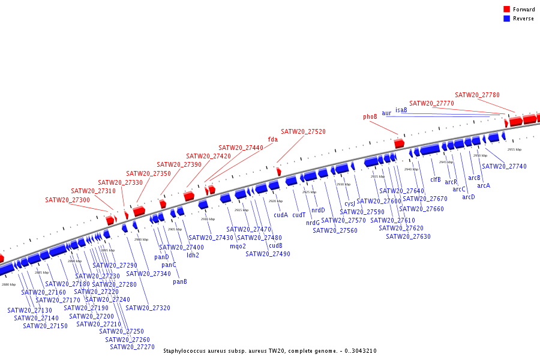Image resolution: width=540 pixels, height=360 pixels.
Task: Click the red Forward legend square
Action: [x=506, y=10]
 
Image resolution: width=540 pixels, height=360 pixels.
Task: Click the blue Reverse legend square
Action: [x=506, y=19]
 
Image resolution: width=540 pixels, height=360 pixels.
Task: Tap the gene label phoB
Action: [x=370, y=116]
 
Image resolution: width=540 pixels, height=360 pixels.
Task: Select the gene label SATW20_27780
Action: [x=477, y=95]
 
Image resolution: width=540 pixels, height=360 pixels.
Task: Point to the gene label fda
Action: [x=273, y=139]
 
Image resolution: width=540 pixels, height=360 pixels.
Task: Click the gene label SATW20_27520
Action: [x=303, y=131]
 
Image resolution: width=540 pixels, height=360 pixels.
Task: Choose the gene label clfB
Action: [x=436, y=179]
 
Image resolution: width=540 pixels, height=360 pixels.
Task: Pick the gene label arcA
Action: [x=484, y=185]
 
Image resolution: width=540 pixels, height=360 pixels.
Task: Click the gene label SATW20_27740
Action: [x=504, y=166]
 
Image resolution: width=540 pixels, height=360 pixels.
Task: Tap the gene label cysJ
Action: [x=350, y=203]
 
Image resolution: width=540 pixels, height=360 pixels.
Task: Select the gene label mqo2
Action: [x=238, y=246]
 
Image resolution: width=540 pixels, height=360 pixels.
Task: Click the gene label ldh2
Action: [x=193, y=255]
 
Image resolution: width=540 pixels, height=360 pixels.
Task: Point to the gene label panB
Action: [x=180, y=281]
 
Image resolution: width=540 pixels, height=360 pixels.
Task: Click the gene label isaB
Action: [x=401, y=110]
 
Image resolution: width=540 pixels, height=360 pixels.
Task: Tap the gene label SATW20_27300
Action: [x=67, y=200]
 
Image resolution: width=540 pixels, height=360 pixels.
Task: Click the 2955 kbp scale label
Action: [x=514, y=149]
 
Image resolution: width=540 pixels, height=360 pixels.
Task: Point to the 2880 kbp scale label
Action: [x=9, y=284]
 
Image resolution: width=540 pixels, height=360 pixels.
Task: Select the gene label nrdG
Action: [x=313, y=223]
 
